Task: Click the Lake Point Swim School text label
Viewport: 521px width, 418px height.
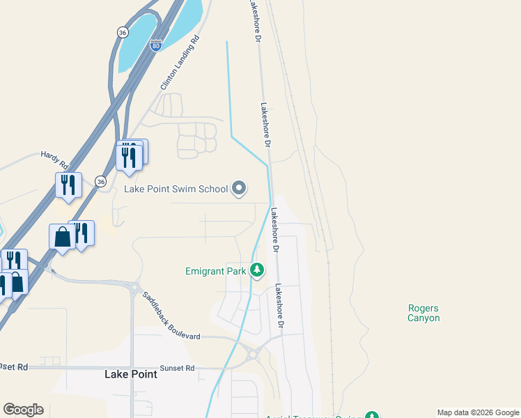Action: tap(176, 189)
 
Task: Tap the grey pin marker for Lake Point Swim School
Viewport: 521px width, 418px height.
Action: tap(239, 188)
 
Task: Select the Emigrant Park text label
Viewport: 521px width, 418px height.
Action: tap(216, 270)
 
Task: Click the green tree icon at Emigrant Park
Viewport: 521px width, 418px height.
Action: tap(257, 270)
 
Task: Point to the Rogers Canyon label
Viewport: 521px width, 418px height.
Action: tap(423, 313)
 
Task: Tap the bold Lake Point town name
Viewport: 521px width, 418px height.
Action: tap(130, 374)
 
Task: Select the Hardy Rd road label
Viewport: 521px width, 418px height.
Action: tap(54, 161)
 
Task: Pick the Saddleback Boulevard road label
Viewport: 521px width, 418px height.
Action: tap(171, 316)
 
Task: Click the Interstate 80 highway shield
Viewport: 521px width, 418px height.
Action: tap(156, 45)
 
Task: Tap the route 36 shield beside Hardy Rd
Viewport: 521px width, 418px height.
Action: tap(101, 181)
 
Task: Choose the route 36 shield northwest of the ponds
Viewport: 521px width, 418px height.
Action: tap(123, 32)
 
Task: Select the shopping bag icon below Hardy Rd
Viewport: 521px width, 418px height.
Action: tap(62, 237)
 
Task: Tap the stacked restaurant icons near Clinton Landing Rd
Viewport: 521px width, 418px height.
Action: tap(130, 155)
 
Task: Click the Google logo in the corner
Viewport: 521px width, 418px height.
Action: tap(23, 410)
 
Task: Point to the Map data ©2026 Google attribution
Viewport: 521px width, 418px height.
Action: tap(479, 413)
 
